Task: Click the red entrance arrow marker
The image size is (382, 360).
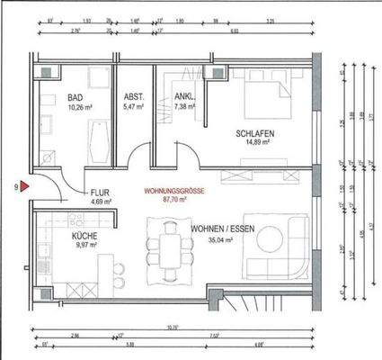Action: click(25, 187)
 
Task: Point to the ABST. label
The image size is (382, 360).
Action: click(133, 97)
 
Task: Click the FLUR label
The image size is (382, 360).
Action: click(99, 193)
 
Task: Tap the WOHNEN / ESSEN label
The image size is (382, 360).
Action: click(222, 230)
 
